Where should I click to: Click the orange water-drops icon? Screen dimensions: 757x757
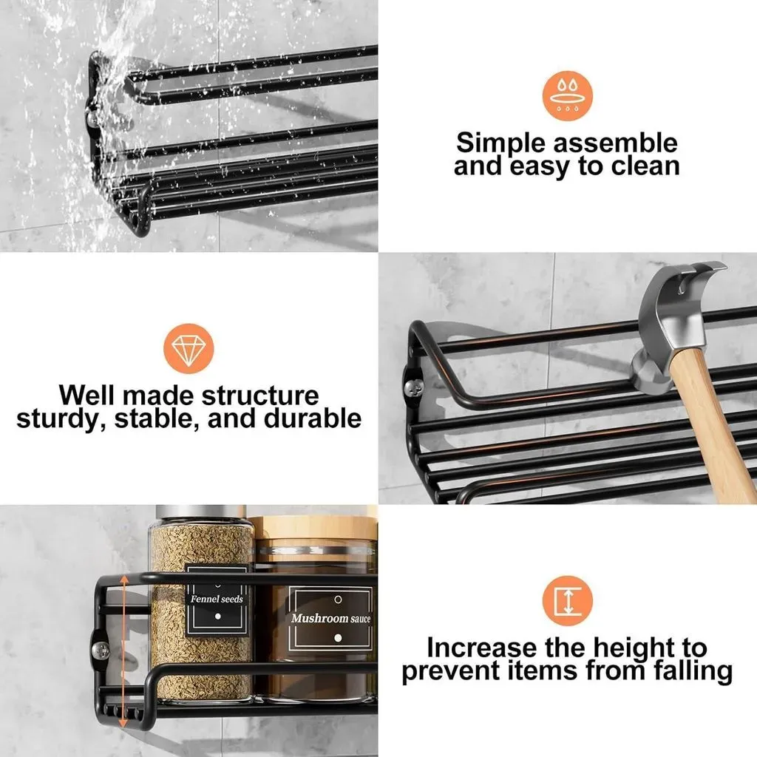tap(567, 95)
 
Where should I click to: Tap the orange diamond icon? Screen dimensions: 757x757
tap(189, 348)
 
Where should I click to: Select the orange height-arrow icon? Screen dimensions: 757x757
tap(567, 600)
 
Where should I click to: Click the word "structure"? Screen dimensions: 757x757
tap(260, 396)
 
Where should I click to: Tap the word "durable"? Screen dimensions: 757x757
tap(313, 418)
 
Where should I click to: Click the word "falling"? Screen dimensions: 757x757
tap(693, 671)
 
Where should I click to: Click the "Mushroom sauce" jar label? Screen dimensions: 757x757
tap(331, 619)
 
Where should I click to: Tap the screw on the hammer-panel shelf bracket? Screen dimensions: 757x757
tap(414, 386)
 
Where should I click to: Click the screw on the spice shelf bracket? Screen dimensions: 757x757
tap(100, 651)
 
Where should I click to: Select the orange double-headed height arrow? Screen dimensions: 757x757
tap(123, 651)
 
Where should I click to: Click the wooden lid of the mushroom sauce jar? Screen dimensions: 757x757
tap(313, 528)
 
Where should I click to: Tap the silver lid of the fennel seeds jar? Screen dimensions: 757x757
tap(201, 513)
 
